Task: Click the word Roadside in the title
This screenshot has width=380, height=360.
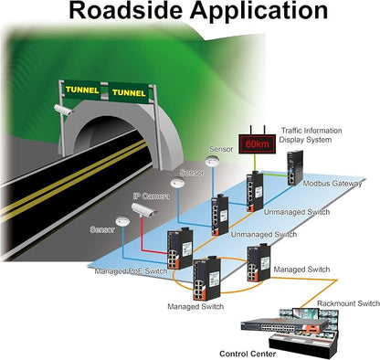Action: point(126,11)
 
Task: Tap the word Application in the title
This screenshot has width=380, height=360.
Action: point(259,12)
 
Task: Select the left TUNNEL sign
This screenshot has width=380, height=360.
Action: point(82,90)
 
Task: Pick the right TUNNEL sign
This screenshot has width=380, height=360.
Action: point(129,92)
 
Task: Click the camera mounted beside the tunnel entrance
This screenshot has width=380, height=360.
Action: point(63,110)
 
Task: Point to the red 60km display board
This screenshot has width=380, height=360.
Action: point(258,143)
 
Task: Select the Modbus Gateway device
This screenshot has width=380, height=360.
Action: point(294,168)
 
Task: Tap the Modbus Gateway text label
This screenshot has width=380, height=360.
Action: point(332,184)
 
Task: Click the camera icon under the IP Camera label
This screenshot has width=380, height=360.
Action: point(143,210)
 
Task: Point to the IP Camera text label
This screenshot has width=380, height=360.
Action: point(152,196)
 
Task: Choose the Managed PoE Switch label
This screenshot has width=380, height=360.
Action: point(131,271)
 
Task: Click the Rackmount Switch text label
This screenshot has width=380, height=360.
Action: point(348,303)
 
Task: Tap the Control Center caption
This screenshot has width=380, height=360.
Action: point(248,354)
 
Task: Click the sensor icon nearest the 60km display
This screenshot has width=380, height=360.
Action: point(211,161)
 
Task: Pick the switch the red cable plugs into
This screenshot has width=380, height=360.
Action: point(180,249)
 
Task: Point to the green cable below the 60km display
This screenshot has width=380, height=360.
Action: point(255,163)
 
